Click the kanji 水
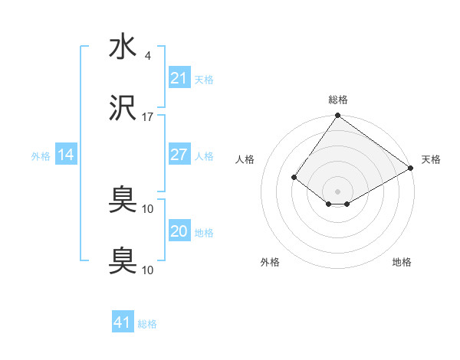coord(123,47)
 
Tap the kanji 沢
coord(123,110)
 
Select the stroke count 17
coord(148,117)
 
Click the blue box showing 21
coord(179,78)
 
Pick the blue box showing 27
coord(179,155)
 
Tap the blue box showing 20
coord(179,231)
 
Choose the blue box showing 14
coord(66,155)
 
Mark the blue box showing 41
coord(122,322)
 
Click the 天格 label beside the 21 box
coord(204,79)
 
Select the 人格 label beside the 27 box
coord(204,155)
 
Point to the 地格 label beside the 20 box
coord(204,232)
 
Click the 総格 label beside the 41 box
coord(147,324)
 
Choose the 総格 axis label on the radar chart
coord(337,100)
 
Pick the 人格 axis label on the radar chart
coord(245,159)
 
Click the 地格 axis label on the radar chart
coord(402,263)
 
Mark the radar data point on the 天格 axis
coord(411,168)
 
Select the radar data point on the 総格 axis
coord(337,116)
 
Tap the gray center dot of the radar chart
coord(337,191)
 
